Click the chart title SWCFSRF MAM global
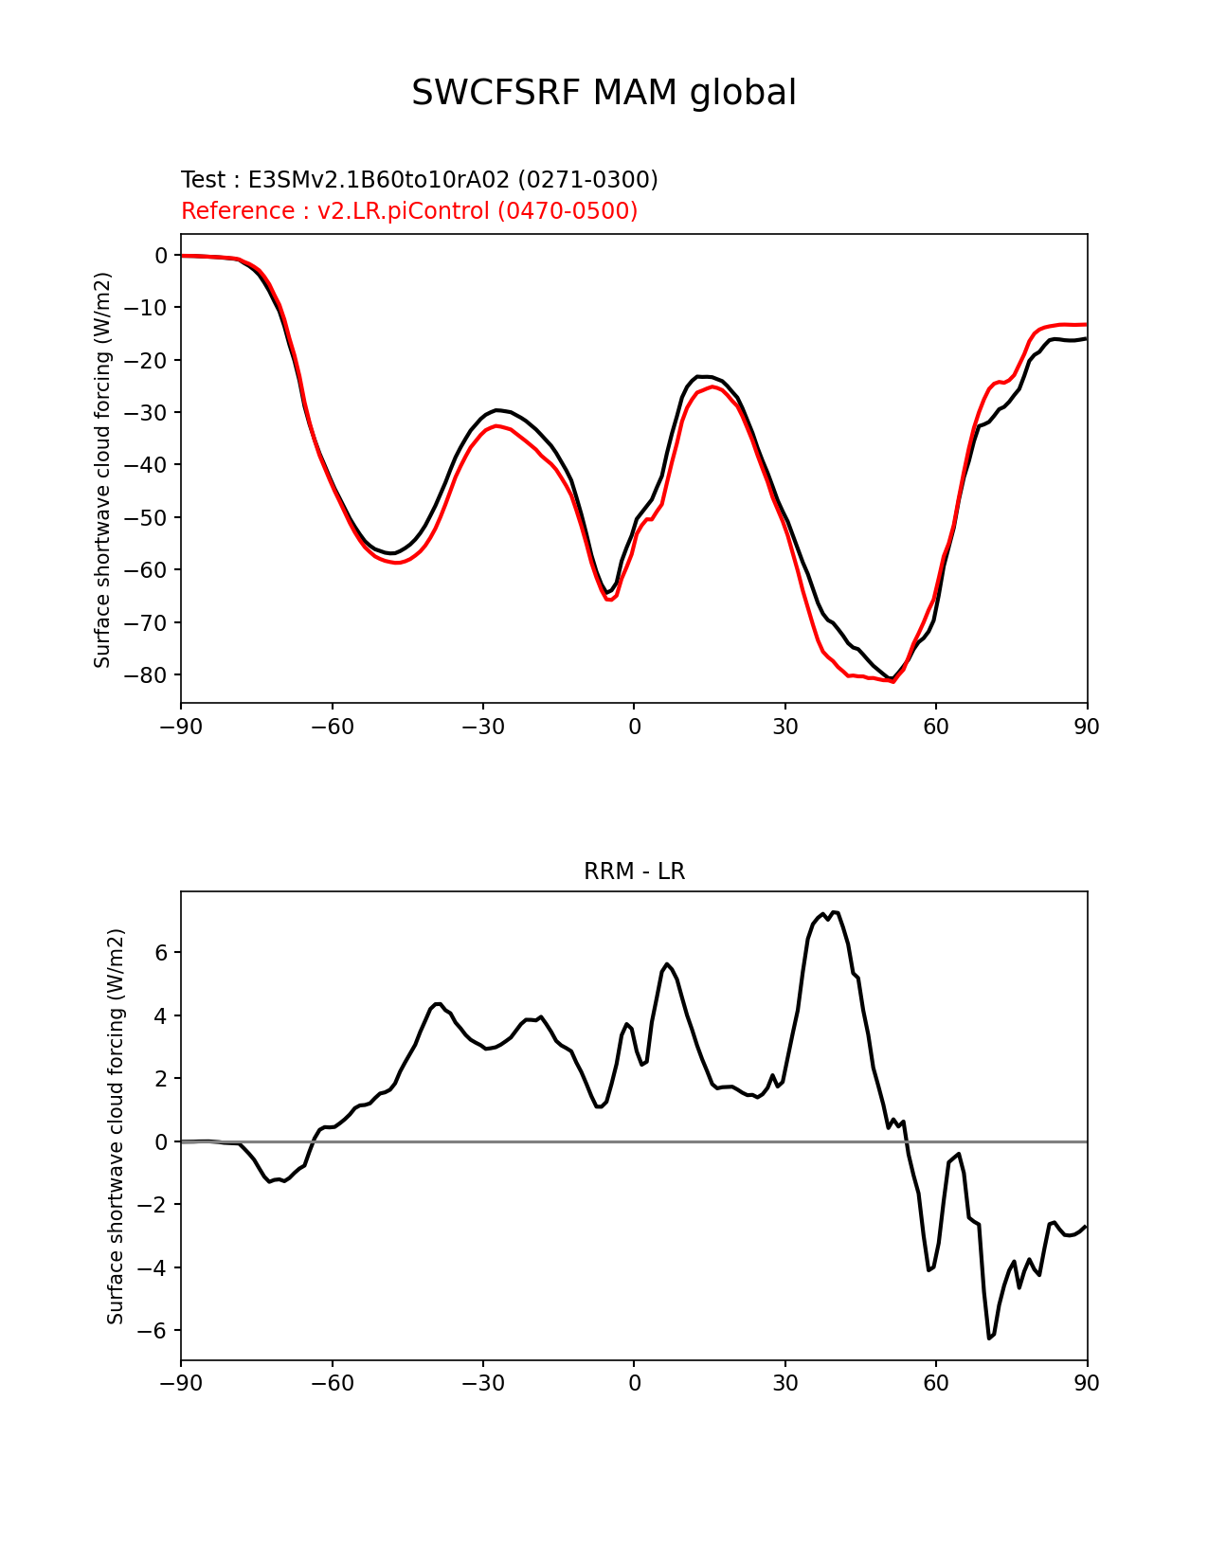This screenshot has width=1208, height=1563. pos(604,93)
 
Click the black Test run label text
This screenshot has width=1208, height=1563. pos(419,179)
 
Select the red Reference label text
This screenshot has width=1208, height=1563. pos(409,210)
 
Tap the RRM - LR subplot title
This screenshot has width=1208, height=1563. pos(634,871)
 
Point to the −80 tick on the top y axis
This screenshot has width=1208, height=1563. pos(145,674)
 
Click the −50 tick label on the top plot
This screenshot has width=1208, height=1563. pos(145,517)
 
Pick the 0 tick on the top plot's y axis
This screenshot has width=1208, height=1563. pos(160,256)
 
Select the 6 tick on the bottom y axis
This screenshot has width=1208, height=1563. pos(160,952)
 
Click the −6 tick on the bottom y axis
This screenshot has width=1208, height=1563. pos(153,1330)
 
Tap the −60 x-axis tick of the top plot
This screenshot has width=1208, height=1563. pos(333,728)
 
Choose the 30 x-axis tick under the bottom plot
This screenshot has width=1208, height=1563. pos(784,1383)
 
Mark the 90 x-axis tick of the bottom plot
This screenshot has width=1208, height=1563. pos(1087,1383)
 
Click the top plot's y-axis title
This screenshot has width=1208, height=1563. pos(102,470)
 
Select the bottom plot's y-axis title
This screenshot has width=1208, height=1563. pos(116,1126)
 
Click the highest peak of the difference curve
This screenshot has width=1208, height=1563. pos(834,912)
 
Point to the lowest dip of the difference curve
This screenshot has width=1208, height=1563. pos(989,1338)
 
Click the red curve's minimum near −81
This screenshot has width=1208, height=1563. pos(892,681)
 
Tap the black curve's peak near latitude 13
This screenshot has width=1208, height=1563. pos(698,376)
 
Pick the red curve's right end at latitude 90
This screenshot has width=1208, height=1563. pos(1087,324)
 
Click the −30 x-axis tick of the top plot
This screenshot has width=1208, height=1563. pos(483,728)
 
